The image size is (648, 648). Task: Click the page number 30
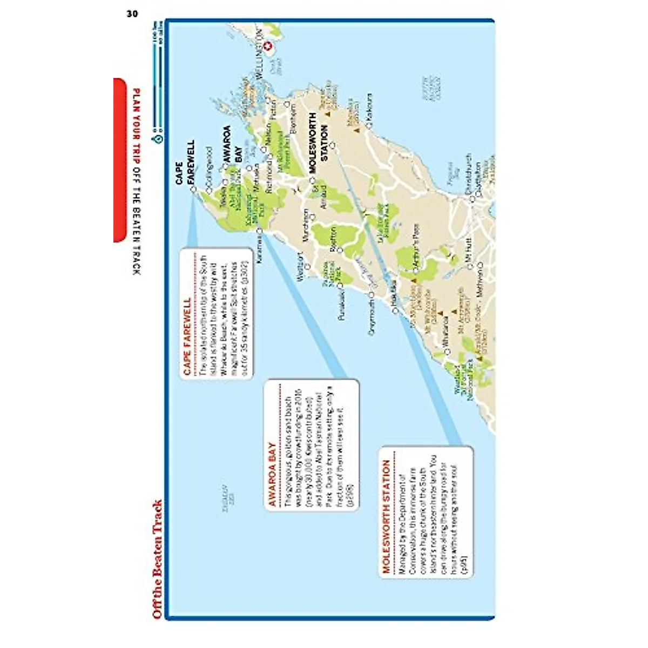coord(132,14)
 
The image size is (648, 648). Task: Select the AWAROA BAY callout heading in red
coord(272,475)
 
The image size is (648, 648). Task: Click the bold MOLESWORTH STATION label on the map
coord(319,143)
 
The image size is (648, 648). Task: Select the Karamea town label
coord(259,248)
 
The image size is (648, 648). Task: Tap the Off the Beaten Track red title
coord(157,559)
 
